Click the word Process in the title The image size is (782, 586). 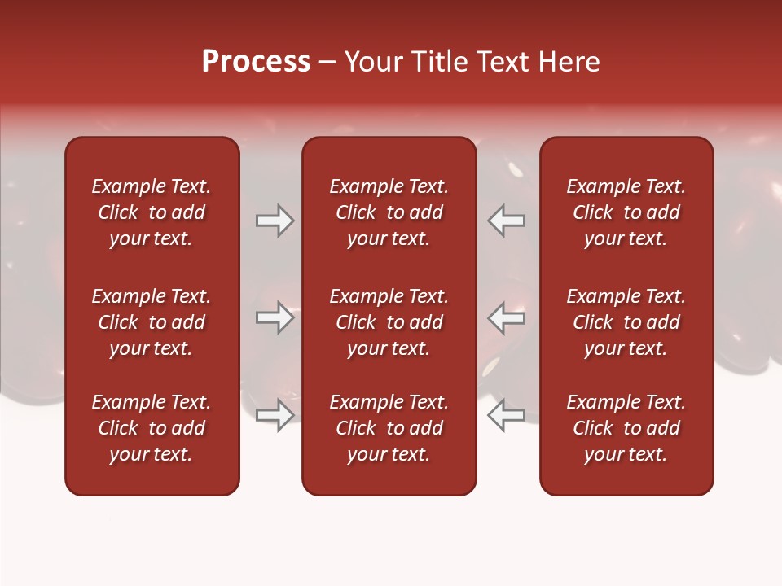[x=256, y=62]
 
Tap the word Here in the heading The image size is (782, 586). [x=569, y=62]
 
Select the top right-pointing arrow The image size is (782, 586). [x=275, y=221]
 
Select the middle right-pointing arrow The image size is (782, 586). [x=275, y=317]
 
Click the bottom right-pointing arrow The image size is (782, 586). [x=275, y=414]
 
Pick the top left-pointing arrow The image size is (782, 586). [x=507, y=221]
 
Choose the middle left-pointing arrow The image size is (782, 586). [x=507, y=317]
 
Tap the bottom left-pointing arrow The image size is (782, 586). [x=507, y=414]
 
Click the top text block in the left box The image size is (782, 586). [x=152, y=212]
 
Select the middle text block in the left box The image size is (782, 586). [x=152, y=322]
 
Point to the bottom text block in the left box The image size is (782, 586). [x=152, y=428]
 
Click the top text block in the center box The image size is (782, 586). [x=389, y=212]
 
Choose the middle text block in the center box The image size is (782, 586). [x=389, y=322]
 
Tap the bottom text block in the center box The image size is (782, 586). [x=389, y=428]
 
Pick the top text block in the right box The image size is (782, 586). [x=626, y=212]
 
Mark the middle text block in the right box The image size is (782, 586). [x=626, y=322]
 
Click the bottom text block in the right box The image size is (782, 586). [x=626, y=428]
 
